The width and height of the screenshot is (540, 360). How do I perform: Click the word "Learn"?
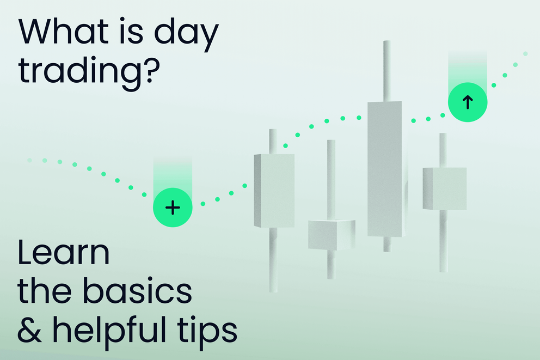pos(63,254)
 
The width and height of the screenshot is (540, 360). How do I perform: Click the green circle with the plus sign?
pos(173,208)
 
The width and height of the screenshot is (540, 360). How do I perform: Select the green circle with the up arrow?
pos(467,101)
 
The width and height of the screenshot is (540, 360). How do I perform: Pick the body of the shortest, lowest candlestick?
pos(331,234)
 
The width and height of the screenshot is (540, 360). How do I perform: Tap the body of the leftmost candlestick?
pos(274,191)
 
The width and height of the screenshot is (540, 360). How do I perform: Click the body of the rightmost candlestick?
pos(444,188)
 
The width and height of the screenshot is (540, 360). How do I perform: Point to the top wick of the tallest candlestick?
pos(386,71)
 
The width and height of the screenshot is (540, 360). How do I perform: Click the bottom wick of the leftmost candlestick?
pos(273,259)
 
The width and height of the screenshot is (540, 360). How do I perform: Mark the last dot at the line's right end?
pos(525,53)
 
